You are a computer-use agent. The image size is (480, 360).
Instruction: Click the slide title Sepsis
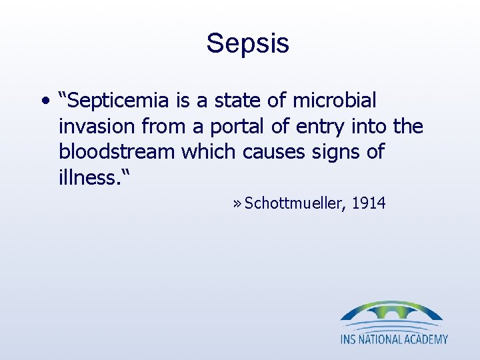pyautogui.click(x=247, y=43)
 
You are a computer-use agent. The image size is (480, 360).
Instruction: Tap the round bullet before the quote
pyautogui.click(x=44, y=102)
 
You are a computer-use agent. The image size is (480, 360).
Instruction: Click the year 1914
pyautogui.click(x=368, y=203)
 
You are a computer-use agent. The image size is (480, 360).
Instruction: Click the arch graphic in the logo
pyautogui.click(x=391, y=313)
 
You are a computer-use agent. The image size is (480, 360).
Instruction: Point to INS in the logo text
pyautogui.click(x=351, y=339)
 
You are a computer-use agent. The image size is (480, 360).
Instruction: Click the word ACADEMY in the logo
pyautogui.click(x=427, y=339)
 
